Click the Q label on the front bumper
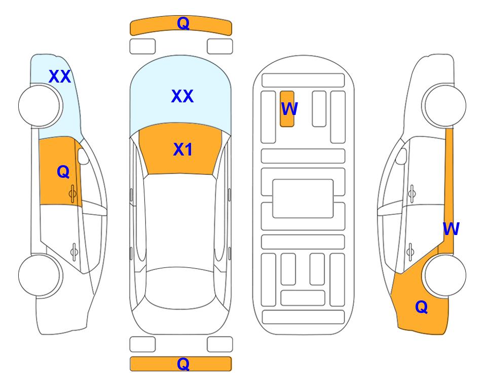click(183, 23)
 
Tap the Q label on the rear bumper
click(183, 364)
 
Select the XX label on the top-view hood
click(182, 96)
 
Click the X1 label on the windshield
click(183, 149)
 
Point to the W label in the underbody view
click(289, 109)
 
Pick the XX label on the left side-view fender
click(60, 76)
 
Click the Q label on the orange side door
click(63, 172)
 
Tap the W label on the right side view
click(451, 229)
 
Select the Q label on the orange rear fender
click(422, 307)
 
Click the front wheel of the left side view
click(40, 106)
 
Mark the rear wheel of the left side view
click(40, 275)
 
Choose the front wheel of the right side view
click(445, 106)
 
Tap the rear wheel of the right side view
click(445, 275)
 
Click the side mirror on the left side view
click(83, 156)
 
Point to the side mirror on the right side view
click(401, 156)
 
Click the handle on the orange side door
click(72, 193)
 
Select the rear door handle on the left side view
click(74, 251)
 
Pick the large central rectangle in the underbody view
click(303, 199)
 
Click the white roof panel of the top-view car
click(180, 221)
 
